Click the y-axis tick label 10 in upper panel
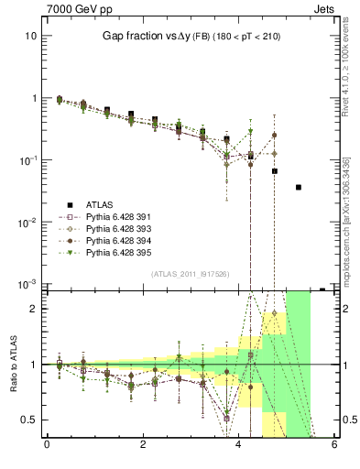[30, 36]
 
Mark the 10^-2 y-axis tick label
[28, 222]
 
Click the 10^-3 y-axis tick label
[28, 284]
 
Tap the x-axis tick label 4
[239, 444]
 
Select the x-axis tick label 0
[47, 444]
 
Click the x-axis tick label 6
[334, 444]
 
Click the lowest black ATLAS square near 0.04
[299, 187]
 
